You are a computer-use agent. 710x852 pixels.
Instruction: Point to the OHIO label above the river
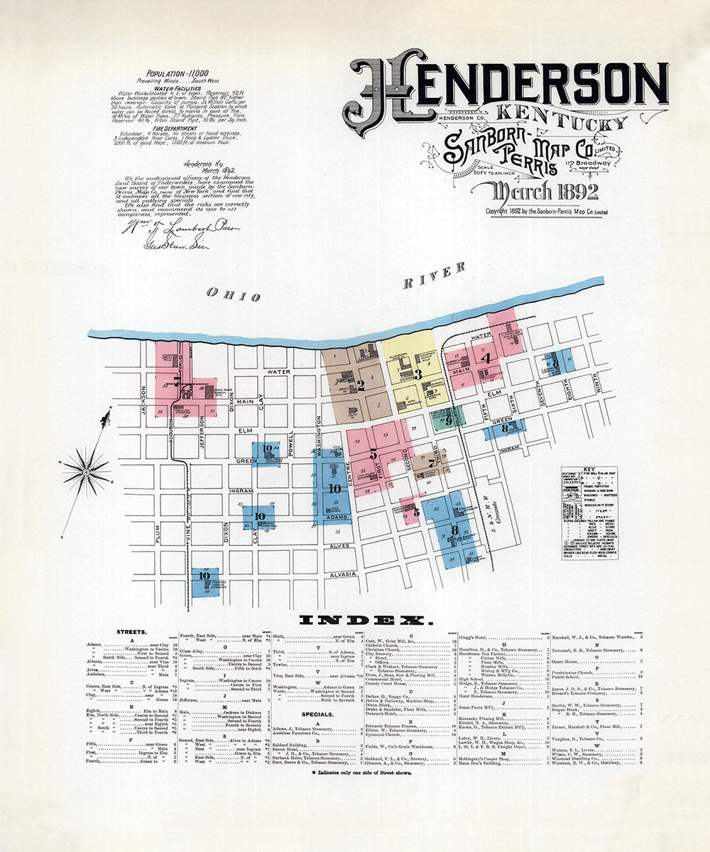234,295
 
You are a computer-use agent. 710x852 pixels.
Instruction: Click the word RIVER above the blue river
435,275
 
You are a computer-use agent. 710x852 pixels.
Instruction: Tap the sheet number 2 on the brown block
360,386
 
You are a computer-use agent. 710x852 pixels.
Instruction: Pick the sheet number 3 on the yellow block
418,373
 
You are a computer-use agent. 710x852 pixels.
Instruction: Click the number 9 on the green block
448,420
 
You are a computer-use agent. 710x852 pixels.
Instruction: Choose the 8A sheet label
507,428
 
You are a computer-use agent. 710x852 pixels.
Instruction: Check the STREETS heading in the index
132,630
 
